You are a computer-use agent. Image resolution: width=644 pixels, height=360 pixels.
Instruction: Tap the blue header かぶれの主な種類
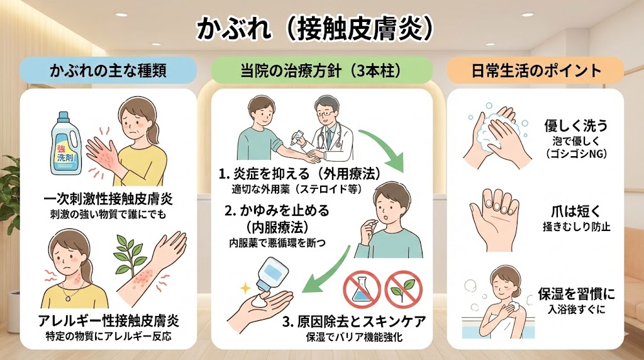pos(108,70)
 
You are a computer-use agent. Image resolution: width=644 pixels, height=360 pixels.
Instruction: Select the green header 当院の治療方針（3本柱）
pos(321,70)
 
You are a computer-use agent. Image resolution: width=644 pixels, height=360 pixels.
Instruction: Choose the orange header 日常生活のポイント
pos(536,70)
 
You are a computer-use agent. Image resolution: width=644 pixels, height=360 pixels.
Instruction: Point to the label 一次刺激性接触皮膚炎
pos(108,200)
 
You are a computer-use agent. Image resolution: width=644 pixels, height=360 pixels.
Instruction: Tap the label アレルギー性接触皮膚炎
pos(108,320)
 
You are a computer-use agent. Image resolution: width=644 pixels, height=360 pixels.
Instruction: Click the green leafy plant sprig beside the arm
pos(129,255)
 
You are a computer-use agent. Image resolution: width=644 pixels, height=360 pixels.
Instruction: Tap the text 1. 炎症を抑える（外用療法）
pos(300,174)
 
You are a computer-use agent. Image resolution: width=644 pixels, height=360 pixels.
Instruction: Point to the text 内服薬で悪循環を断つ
pos(277,244)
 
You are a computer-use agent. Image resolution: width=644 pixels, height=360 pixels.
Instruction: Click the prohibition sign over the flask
pos(362,290)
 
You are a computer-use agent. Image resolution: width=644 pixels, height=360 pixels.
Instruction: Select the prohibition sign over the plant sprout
pos(403,290)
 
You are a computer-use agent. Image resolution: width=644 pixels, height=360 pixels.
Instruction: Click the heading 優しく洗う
pos(576,125)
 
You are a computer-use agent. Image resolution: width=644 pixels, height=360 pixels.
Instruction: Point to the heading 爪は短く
pos(576,211)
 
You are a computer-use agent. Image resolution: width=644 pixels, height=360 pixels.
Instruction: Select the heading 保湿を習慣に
pos(577,294)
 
